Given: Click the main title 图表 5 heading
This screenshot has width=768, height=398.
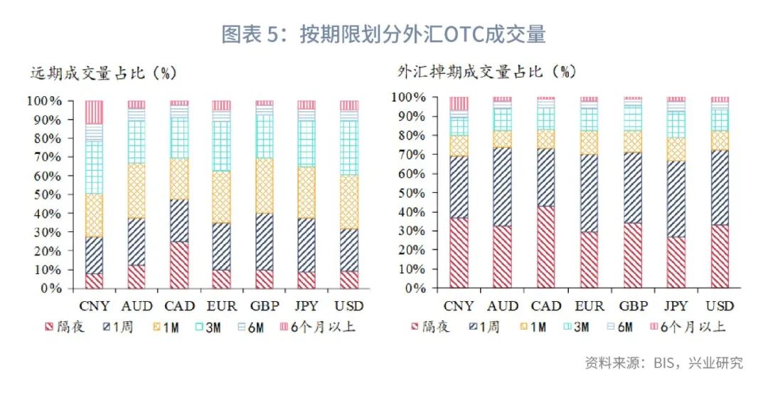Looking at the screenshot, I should [x=383, y=33].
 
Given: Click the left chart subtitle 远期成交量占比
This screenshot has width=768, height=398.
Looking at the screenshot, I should [x=103, y=73].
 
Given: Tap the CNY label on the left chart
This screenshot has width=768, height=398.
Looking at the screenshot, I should [x=94, y=305].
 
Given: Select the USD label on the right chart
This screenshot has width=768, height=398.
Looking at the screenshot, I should [x=720, y=305].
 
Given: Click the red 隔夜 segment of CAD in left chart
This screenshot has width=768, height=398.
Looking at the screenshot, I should [x=179, y=265].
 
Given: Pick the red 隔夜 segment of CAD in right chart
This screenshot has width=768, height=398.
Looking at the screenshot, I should [x=546, y=247].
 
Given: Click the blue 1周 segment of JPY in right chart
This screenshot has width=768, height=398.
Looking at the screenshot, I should [x=676, y=199].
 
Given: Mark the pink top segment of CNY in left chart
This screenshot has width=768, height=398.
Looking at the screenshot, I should [x=94, y=112].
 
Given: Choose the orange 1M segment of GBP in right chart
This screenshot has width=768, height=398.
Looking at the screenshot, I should [x=633, y=141].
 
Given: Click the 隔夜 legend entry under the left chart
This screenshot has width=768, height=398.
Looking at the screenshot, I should [x=68, y=328].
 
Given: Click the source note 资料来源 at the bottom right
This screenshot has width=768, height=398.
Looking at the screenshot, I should [x=663, y=363].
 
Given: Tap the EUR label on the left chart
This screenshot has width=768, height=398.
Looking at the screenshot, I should [x=221, y=305].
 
